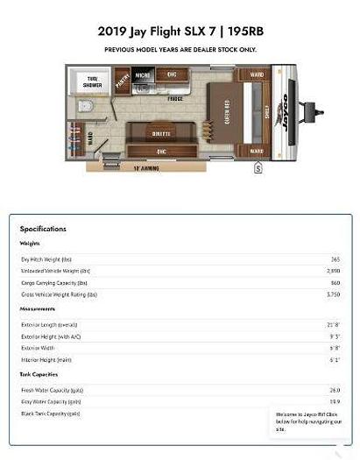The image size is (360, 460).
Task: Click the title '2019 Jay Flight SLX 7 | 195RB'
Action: click(180, 31)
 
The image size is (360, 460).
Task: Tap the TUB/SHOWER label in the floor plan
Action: click(91, 82)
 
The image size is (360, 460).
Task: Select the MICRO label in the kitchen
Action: click(142, 75)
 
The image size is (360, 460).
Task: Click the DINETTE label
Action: click(162, 133)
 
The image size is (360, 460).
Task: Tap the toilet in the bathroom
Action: click(86, 107)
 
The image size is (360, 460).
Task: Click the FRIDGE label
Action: click(175, 99)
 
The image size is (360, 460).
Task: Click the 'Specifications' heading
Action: click(43, 229)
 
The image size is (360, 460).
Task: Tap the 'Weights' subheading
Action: click(30, 244)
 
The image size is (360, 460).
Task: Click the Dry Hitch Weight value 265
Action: click(335, 259)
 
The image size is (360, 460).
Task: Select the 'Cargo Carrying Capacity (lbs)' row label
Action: click(54, 283)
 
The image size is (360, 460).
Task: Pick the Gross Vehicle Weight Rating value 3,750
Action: click(333, 294)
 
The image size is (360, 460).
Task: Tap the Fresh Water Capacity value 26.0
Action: click(334, 390)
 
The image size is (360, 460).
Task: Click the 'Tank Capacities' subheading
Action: click(39, 374)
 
